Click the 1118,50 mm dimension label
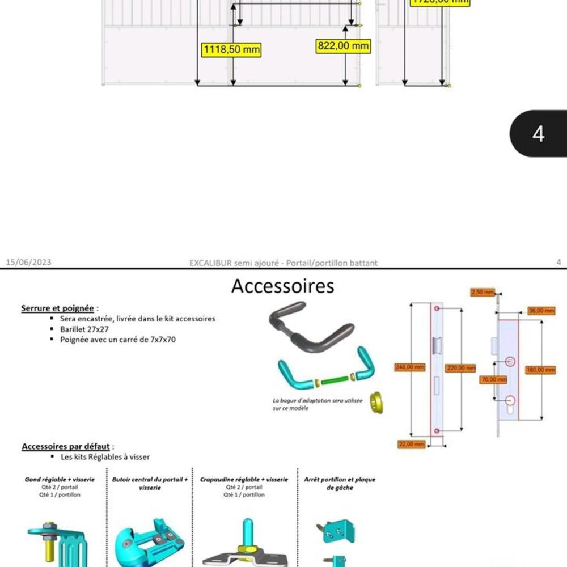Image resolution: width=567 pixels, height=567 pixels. click(x=231, y=50)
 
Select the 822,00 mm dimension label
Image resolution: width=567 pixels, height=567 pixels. click(x=343, y=46)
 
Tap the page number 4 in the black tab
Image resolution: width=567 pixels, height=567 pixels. click(x=538, y=134)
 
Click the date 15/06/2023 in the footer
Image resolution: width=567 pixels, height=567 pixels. click(x=28, y=262)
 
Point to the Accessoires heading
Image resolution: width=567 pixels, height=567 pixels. click(x=282, y=286)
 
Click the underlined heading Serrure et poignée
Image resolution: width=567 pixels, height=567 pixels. click(x=57, y=308)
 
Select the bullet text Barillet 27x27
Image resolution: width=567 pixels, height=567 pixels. click(x=86, y=329)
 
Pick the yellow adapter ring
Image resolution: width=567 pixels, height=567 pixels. click(x=376, y=401)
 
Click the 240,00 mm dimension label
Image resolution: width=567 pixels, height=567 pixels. click(x=409, y=367)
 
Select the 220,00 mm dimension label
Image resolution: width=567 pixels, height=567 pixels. click(x=460, y=369)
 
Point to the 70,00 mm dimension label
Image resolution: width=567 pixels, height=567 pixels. click(x=493, y=379)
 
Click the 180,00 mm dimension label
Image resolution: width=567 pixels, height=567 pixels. click(x=540, y=370)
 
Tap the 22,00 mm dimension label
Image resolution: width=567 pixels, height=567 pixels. click(x=412, y=445)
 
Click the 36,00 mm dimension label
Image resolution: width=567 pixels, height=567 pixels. click(x=541, y=311)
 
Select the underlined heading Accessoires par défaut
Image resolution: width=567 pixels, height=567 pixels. click(x=66, y=446)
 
